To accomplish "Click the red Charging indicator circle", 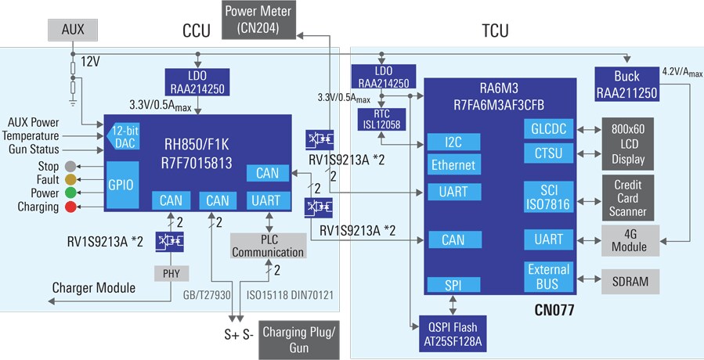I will pyautogui.click(x=70, y=207).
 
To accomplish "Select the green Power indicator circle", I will pyautogui.click(x=70, y=193).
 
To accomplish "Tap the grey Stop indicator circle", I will pyautogui.click(x=70, y=166).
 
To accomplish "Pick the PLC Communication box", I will pyautogui.click(x=268, y=246).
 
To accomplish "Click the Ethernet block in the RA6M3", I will pyautogui.click(x=453, y=165).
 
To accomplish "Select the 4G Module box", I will pyautogui.click(x=630, y=239).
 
